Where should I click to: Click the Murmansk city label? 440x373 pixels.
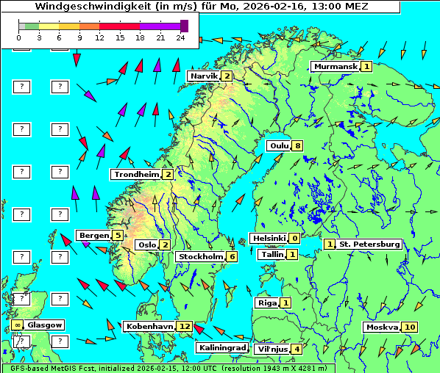pyautogui.click(x=336, y=66)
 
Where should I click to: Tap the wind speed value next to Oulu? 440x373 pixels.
pyautogui.click(x=297, y=145)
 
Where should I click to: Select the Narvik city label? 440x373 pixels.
pyautogui.click(x=204, y=76)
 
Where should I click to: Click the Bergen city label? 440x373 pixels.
pyautogui.click(x=93, y=235)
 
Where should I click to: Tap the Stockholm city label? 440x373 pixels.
pyautogui.click(x=200, y=256)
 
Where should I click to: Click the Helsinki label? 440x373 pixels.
pyautogui.click(x=268, y=238)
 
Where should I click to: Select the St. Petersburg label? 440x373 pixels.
pyautogui.click(x=369, y=244)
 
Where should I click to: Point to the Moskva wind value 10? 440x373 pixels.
pyautogui.click(x=410, y=327)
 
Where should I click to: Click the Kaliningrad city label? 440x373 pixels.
pyautogui.click(x=221, y=347)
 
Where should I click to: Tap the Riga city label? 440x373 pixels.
pyautogui.click(x=266, y=303)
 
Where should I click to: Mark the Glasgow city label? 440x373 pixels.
pyautogui.click(x=46, y=325)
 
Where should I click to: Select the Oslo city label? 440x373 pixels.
pyautogui.click(x=147, y=245)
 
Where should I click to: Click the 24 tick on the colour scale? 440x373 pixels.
pyautogui.click(x=181, y=37)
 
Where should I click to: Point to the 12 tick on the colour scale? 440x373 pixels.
pyautogui.click(x=99, y=37)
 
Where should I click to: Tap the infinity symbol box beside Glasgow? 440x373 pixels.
pyautogui.click(x=17, y=325)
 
